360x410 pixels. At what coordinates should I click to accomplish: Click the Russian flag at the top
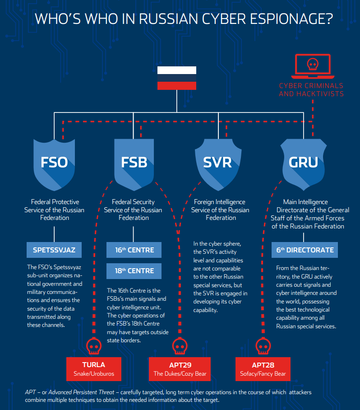(176, 78)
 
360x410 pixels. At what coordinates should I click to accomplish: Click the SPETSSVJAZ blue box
(54, 250)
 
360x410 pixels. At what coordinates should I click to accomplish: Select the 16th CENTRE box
(134, 250)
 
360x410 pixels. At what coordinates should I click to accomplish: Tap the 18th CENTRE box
(134, 271)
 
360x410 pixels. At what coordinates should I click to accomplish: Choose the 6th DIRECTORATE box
(305, 250)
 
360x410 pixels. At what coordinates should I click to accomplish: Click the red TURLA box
(94, 369)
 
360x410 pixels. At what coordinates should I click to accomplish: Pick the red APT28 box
(263, 369)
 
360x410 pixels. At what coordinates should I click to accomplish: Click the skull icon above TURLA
(94, 347)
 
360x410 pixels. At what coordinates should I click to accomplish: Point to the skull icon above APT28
(263, 347)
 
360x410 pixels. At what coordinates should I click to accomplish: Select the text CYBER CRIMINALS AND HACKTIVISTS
(311, 89)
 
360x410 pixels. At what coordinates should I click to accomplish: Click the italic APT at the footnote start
(30, 392)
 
